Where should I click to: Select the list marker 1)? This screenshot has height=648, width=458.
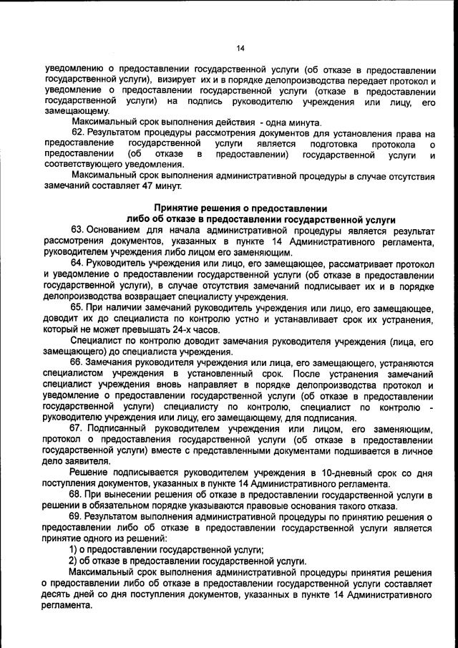pos(72,549)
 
